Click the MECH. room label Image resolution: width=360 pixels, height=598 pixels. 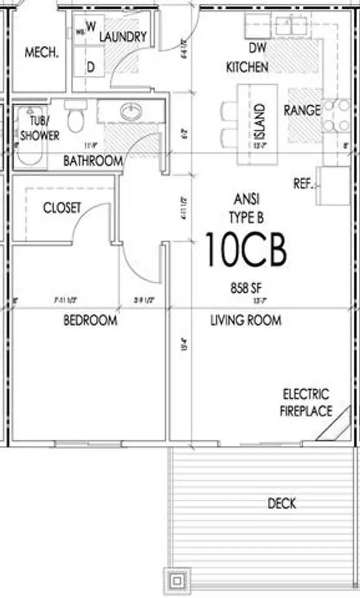(x=42, y=53)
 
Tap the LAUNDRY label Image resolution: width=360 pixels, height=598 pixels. (x=122, y=37)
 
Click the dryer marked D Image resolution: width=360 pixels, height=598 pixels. (x=90, y=67)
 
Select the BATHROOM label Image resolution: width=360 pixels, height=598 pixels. (x=92, y=161)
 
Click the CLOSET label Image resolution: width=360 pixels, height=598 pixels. (x=62, y=208)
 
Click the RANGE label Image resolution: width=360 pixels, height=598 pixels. (x=302, y=110)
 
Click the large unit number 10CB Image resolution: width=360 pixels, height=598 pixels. (x=246, y=249)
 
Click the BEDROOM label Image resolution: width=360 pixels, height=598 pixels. (x=90, y=320)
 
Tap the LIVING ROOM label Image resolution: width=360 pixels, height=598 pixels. (x=245, y=320)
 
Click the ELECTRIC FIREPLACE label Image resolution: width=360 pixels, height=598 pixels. (x=306, y=403)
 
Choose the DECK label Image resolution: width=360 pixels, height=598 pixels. (x=281, y=503)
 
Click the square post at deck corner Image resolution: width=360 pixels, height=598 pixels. (x=176, y=581)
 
